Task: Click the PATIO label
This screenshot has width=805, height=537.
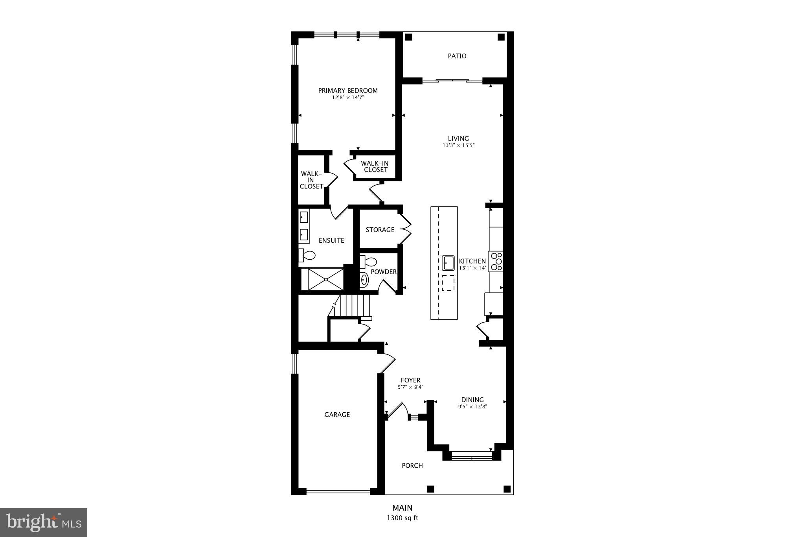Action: pyautogui.click(x=457, y=56)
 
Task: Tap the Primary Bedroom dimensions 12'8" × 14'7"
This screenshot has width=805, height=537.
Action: pyautogui.click(x=348, y=97)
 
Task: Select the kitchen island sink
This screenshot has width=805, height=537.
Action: pyautogui.click(x=448, y=263)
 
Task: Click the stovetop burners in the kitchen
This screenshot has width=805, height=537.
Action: pyautogui.click(x=496, y=261)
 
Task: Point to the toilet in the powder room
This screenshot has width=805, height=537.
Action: pyautogui.click(x=368, y=261)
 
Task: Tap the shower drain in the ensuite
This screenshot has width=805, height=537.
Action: pyautogui.click(x=326, y=279)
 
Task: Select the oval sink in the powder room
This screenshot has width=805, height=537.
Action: pyautogui.click(x=364, y=280)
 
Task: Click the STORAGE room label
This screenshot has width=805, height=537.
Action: pyautogui.click(x=380, y=230)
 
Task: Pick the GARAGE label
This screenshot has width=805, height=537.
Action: pyautogui.click(x=337, y=415)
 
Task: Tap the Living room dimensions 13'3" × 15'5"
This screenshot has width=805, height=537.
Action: pyautogui.click(x=459, y=145)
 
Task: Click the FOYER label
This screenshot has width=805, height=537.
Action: pyautogui.click(x=410, y=380)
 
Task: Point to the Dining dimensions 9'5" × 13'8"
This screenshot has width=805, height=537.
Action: pyautogui.click(x=472, y=407)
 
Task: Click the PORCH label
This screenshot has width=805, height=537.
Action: pyautogui.click(x=412, y=466)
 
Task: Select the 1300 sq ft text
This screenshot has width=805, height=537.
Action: pyautogui.click(x=402, y=518)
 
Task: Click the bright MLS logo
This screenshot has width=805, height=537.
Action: pyautogui.click(x=44, y=522)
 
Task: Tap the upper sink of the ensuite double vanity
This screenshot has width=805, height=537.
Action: pyautogui.click(x=304, y=217)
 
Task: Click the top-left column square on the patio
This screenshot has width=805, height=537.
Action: pyautogui.click(x=408, y=37)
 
